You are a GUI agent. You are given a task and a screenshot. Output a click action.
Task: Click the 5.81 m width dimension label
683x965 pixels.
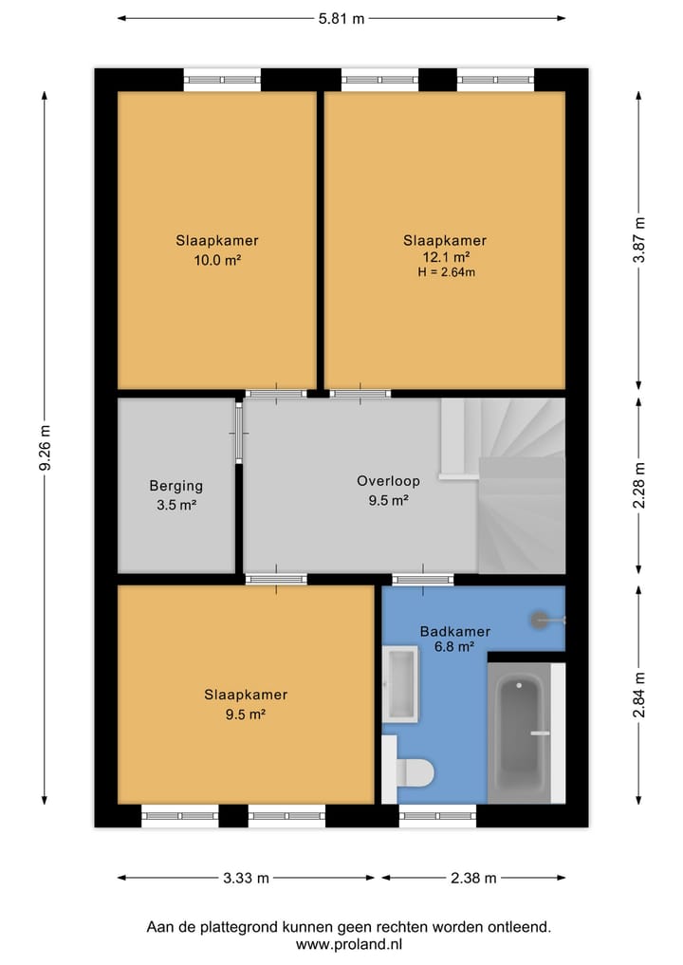coord(341,18)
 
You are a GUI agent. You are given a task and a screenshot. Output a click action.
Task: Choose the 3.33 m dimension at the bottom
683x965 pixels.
coord(246,878)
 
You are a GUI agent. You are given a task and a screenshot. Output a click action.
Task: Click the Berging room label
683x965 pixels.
coord(175,486)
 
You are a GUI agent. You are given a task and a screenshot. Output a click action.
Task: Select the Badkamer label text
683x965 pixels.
coord(454,631)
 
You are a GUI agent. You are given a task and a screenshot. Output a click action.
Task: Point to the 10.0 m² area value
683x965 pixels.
coord(216,257)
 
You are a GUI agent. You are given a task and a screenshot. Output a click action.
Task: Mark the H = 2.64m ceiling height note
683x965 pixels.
coord(445,272)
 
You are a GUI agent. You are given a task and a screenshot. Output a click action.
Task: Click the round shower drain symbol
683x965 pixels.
coord(543,620)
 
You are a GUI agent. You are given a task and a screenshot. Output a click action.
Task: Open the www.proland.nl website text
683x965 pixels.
coord(349,944)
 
